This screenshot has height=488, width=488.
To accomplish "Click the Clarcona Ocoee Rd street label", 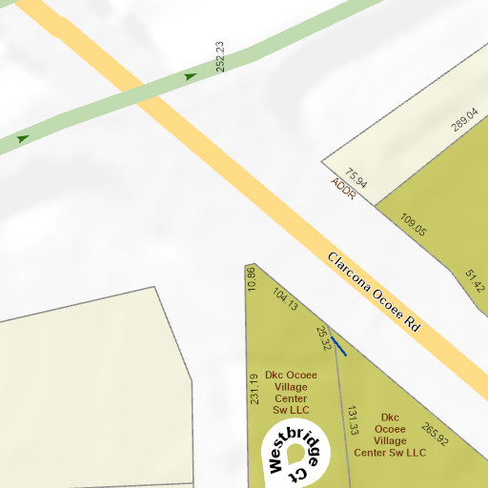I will (374, 292).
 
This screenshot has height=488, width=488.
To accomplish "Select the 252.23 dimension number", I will (221, 57).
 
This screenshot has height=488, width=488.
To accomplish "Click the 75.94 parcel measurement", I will (356, 177).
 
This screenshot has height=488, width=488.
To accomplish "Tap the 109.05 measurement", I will (414, 225).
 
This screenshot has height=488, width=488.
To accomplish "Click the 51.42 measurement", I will (475, 280).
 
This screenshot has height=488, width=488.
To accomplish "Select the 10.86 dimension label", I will (252, 278).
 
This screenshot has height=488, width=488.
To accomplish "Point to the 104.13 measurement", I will (286, 299).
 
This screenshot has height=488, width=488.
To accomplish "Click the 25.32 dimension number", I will (324, 337).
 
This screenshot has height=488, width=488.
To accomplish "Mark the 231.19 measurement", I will (254, 389).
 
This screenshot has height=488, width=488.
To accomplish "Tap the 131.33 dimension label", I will (353, 420).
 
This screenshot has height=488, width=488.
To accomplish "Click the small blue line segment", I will (338, 346).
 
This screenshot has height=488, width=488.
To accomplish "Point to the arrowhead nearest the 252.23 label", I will (191, 75).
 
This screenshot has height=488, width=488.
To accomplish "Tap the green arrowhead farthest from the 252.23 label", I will (23, 138).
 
